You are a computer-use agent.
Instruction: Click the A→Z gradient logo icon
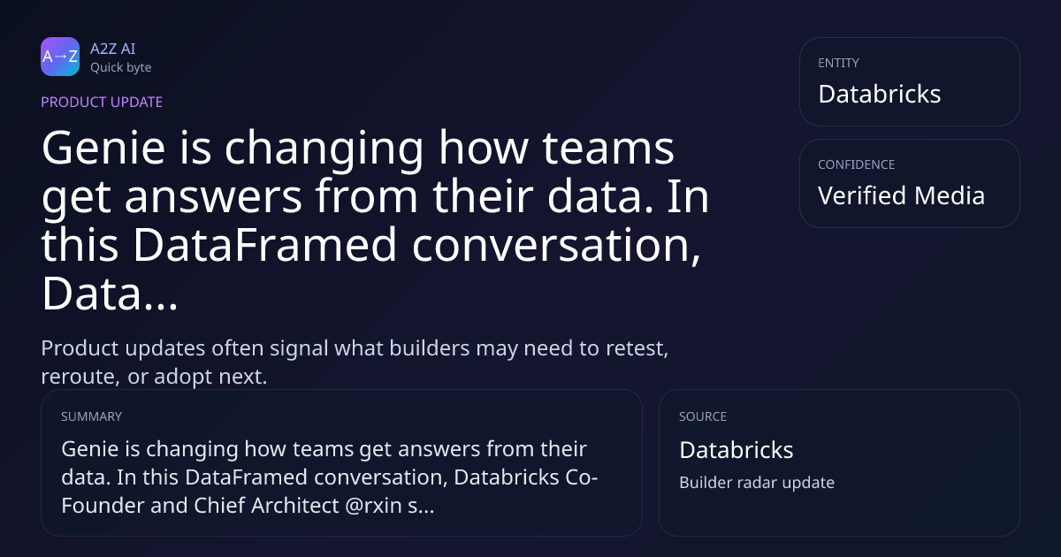click(60, 57)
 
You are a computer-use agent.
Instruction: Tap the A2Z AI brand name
click(113, 49)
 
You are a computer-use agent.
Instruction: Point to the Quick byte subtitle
click(121, 68)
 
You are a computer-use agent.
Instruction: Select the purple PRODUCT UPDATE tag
click(102, 102)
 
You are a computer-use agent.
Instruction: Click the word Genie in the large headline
click(103, 148)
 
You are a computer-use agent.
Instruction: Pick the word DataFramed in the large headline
click(264, 244)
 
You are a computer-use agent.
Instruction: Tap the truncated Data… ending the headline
click(110, 294)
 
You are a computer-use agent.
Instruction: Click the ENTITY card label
click(838, 63)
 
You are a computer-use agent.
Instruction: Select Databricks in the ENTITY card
click(880, 94)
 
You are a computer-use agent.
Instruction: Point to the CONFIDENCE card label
click(857, 164)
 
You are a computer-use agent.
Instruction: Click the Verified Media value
click(901, 195)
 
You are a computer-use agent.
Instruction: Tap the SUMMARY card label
click(91, 416)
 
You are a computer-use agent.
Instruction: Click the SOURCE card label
click(703, 416)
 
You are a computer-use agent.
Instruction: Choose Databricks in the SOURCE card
click(736, 450)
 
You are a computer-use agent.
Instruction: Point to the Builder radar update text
click(757, 483)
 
